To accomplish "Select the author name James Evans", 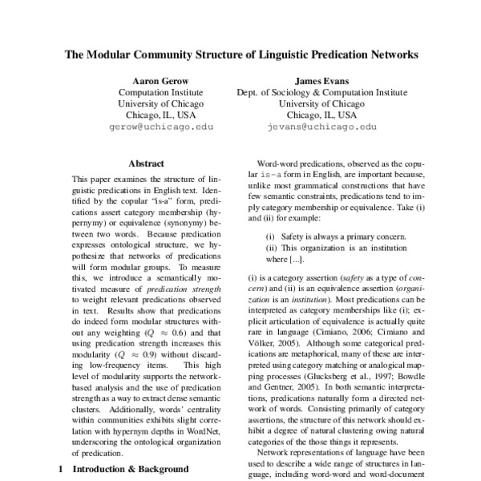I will pos(318,80).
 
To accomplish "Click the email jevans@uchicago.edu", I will pos(319,127).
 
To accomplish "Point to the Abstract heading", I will pos(146,163).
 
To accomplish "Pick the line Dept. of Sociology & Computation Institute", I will pos(318,92).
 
